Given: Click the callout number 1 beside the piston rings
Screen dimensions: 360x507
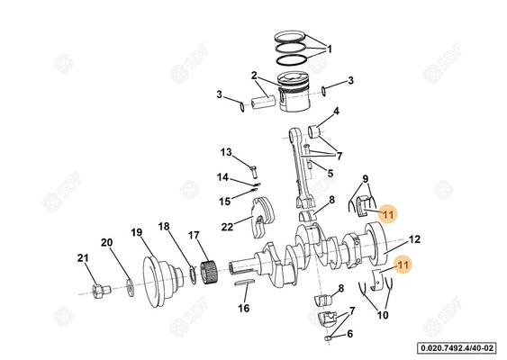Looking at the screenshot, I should coord(329,49).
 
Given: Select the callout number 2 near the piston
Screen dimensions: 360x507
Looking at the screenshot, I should coord(255,75).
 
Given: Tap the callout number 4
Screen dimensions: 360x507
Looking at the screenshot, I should coord(336,112).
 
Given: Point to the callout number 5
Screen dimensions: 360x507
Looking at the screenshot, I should coord(330,173).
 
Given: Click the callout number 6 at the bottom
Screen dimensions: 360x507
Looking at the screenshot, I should coord(350,333).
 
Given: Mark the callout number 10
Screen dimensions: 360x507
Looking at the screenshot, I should coord(383,316).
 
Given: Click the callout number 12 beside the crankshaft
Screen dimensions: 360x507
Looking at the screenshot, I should coord(414,239).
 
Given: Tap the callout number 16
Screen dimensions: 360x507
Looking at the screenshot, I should coord(243,309).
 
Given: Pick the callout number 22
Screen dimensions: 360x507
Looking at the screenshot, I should coord(228,226).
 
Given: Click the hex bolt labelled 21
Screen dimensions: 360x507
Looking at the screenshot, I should coord(100,291).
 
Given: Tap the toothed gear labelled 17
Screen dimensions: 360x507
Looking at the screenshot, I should coord(209,268).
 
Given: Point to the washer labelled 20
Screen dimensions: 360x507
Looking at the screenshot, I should coord(131,287).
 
